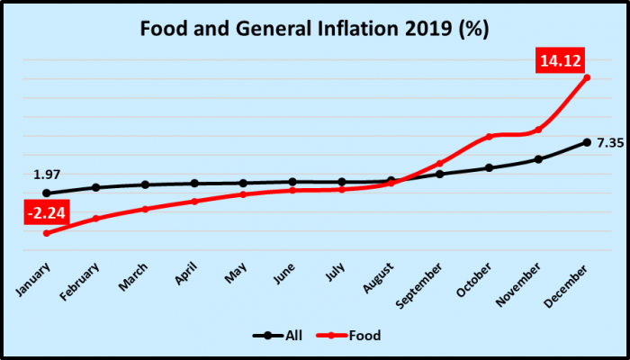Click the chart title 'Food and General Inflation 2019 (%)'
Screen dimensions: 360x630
[314, 29]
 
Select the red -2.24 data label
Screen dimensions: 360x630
[44, 213]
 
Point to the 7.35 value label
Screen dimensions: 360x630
[610, 143]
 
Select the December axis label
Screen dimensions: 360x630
[573, 281]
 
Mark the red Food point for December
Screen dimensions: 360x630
[587, 77]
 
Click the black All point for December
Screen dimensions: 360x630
[587, 142]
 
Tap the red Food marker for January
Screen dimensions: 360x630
[46, 233]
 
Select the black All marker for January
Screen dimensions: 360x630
[46, 193]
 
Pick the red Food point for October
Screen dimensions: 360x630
[489, 137]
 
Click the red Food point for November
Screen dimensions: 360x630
[538, 130]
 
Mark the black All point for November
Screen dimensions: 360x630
[538, 159]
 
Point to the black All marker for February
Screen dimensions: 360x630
[95, 187]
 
